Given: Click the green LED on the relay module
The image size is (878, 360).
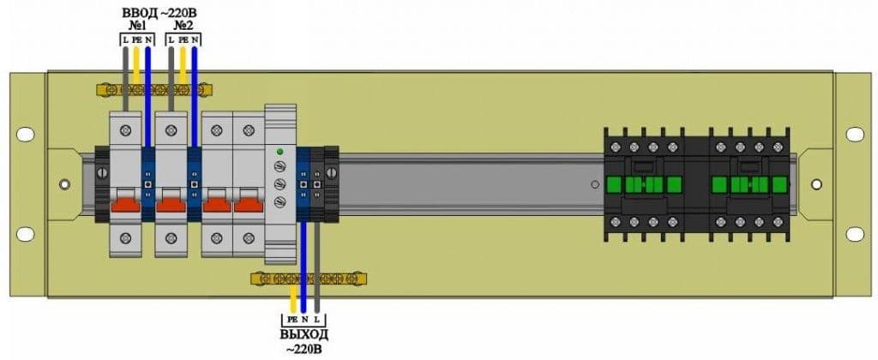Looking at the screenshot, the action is [280, 152].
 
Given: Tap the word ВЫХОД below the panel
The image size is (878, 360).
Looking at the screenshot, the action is [304, 336].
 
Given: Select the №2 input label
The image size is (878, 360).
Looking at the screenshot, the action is [182, 26].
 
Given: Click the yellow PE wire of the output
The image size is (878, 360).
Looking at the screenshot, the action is [292, 298].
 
